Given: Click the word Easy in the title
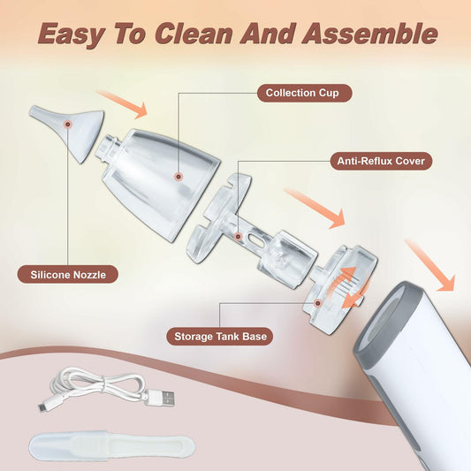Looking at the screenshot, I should [75, 34].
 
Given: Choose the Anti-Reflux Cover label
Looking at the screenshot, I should [382, 161].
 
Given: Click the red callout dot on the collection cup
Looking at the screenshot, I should [179, 178].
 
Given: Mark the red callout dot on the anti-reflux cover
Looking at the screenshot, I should [238, 237].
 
